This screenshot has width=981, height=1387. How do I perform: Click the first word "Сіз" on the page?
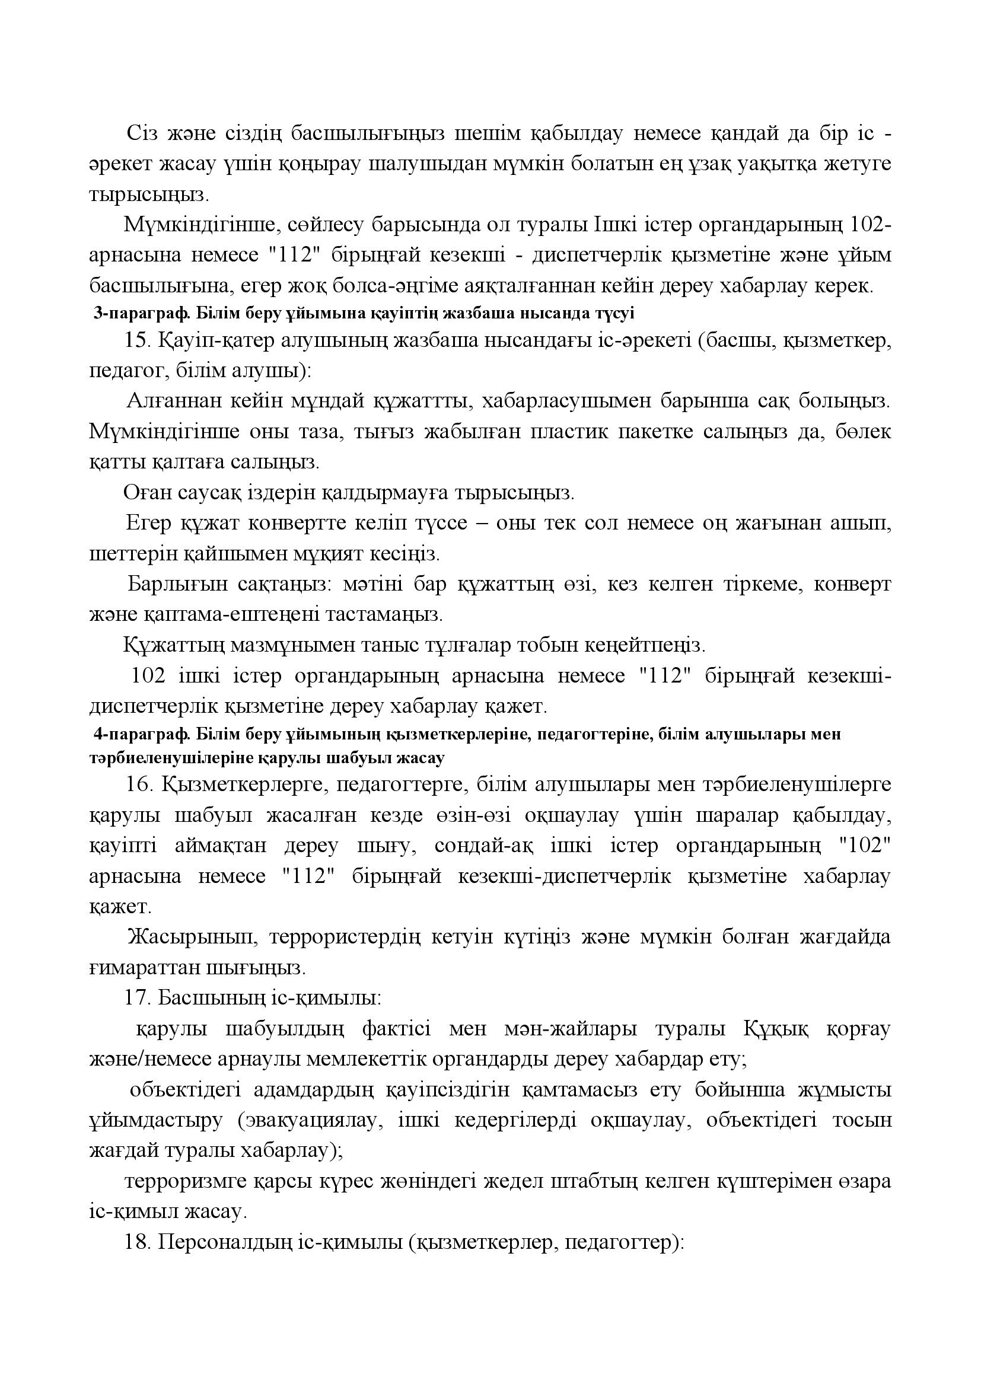[x=142, y=133]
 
